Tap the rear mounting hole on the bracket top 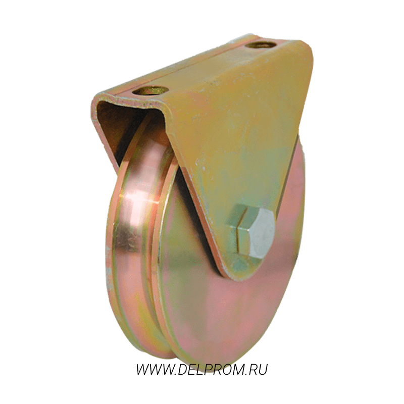(261, 45)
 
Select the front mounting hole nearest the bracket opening (150, 91)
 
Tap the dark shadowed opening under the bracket (116, 129)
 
